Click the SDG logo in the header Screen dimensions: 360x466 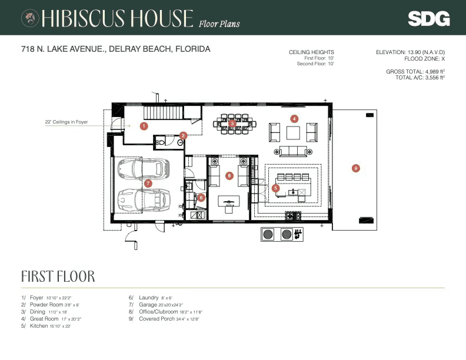[428, 18]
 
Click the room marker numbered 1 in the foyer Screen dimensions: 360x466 [144, 125]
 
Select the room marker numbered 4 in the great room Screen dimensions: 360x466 [294, 118]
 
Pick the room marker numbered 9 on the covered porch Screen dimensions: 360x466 [355, 168]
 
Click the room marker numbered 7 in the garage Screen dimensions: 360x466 [148, 184]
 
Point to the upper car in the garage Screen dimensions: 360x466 [143, 169]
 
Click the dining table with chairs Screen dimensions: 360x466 [232, 124]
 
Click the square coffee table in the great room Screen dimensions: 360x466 [293, 133]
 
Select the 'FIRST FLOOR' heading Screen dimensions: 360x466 [58, 276]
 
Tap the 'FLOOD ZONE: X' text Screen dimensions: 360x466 [424, 59]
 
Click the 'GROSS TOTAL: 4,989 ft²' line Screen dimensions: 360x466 [415, 71]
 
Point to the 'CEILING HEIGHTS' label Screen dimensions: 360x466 [311, 52]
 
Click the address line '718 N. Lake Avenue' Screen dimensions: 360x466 [115, 49]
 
